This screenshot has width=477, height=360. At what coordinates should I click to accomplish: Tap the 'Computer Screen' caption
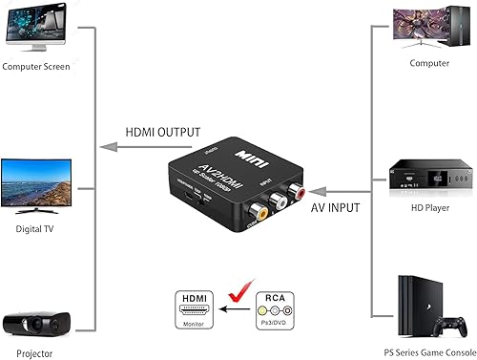pos(40,66)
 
